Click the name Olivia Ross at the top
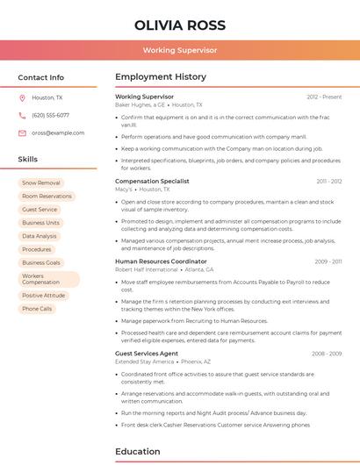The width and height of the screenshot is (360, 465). click(180, 25)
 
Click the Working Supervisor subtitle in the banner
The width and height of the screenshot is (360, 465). click(180, 50)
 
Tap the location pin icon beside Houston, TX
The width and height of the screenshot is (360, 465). click(22, 98)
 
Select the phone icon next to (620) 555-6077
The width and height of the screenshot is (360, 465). click(22, 115)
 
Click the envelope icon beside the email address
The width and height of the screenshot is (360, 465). click(22, 132)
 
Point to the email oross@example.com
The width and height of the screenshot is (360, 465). click(58, 132)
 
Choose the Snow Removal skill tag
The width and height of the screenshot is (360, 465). click(41, 182)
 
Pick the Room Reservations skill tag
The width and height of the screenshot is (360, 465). click(47, 196)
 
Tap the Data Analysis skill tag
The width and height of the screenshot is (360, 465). click(40, 236)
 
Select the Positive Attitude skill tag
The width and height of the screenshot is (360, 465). click(44, 296)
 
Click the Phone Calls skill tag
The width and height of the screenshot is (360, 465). click(37, 309)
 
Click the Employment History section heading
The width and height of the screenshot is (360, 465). click(160, 77)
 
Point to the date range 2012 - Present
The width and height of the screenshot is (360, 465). click(324, 97)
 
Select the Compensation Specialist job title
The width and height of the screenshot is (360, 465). click(152, 181)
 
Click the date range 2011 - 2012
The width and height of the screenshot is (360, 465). click(329, 181)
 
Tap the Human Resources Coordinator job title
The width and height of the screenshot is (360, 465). click(161, 261)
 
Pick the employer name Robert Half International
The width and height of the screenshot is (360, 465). click(146, 270)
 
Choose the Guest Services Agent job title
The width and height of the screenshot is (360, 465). click(147, 354)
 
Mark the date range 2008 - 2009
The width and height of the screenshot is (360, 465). click(327, 354)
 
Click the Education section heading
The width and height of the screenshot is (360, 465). click(138, 452)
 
